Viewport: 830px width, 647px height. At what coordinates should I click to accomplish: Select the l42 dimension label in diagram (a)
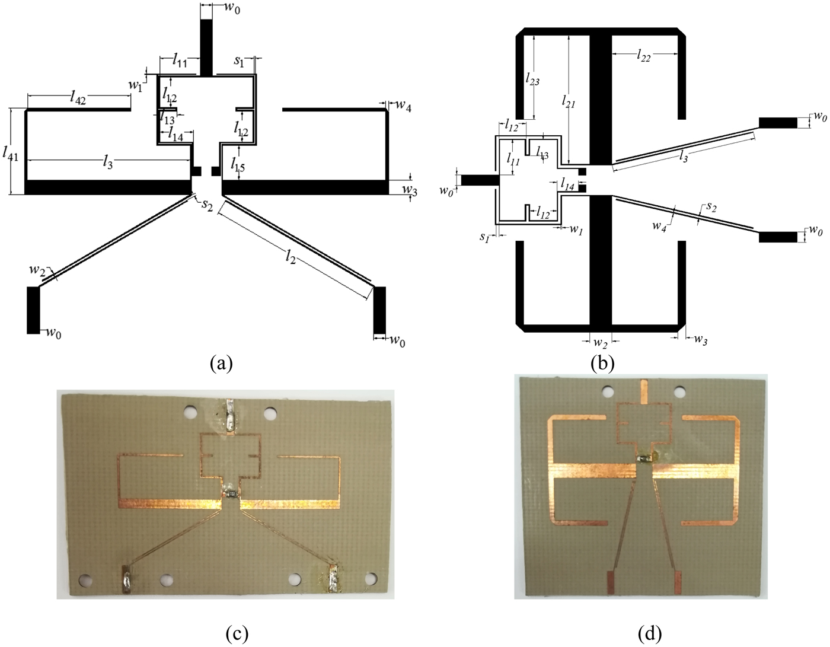78,99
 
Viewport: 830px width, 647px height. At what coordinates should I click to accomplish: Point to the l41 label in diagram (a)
11,154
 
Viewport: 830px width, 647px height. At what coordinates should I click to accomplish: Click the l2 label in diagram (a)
290,257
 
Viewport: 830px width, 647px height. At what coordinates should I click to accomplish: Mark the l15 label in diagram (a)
238,164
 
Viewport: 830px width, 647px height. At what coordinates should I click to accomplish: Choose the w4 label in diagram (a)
404,106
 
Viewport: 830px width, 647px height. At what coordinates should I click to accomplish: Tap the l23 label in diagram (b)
532,78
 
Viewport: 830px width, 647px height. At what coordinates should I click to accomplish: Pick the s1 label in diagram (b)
484,237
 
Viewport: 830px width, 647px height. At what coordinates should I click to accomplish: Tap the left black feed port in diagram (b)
478,180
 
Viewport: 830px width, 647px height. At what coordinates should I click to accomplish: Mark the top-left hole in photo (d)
606,391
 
